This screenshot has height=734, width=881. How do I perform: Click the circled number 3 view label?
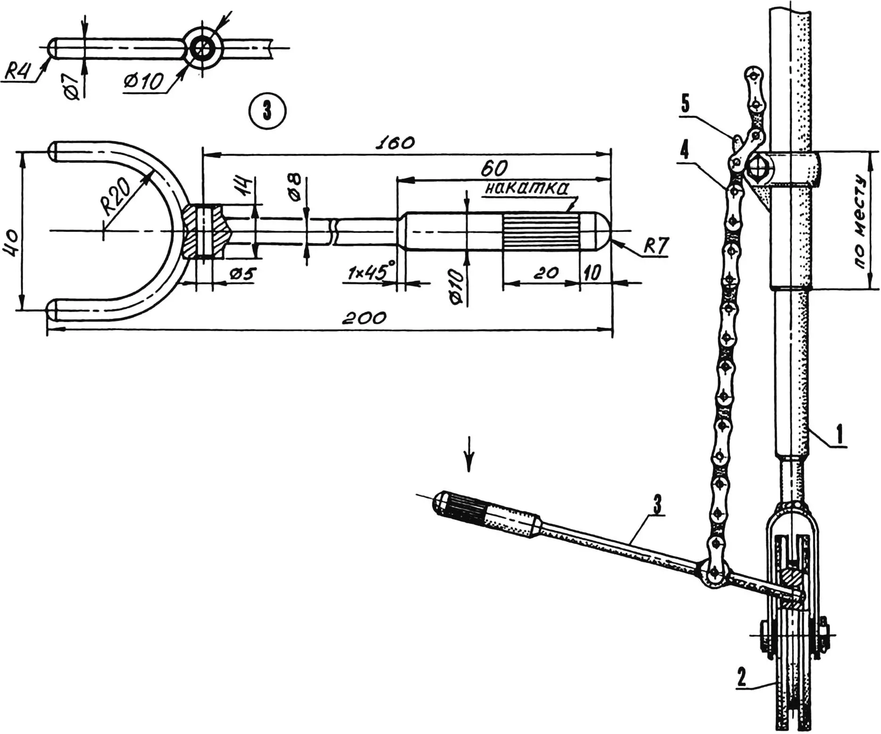point(267,111)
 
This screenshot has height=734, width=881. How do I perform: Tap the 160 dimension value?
point(395,143)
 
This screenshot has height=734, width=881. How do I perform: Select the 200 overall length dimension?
point(364,318)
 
